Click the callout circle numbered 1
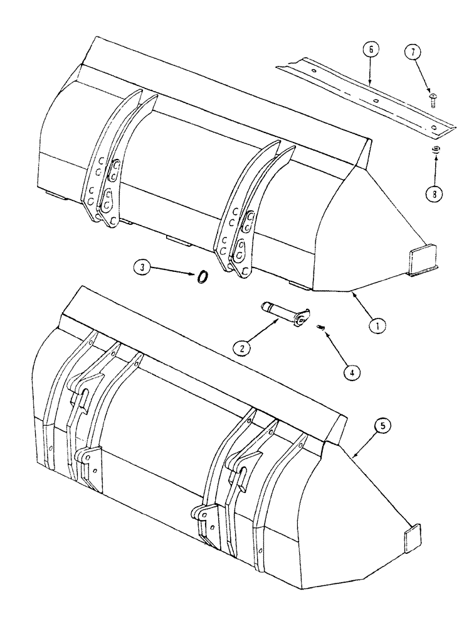point(377,325)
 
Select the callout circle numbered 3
point(142,268)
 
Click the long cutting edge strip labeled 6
point(364,94)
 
